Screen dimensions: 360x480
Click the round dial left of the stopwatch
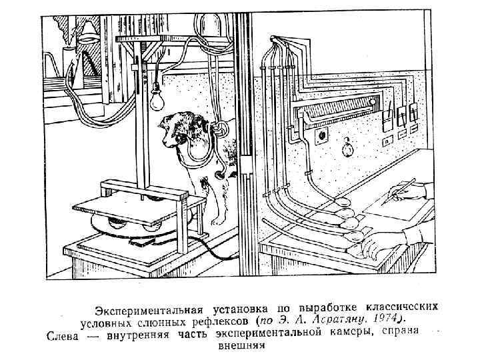pyautogui.click(x=323, y=137)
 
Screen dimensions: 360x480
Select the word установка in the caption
pyautogui.click(x=237, y=309)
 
